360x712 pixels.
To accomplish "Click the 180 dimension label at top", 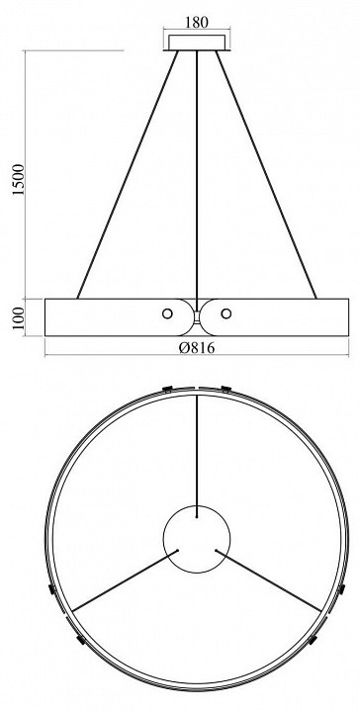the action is click(197, 23).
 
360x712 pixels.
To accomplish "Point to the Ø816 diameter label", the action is click(197, 348).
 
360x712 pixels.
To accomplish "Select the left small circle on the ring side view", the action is click(167, 313).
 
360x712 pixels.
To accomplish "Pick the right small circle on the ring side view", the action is click(226, 313).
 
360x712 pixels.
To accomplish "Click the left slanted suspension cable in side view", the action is click(128, 174).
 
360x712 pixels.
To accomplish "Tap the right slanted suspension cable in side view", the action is click(266, 174).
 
